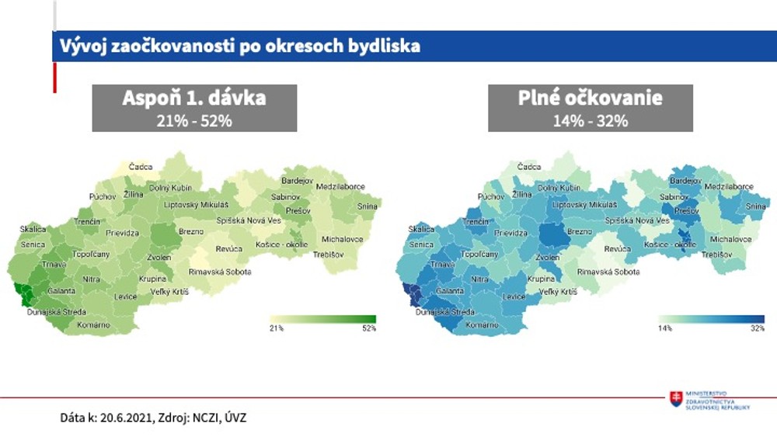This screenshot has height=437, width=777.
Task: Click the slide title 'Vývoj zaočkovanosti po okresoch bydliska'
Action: point(240,46)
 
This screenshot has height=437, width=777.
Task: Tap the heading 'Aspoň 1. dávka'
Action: point(194,98)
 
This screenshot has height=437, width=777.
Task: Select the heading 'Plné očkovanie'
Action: point(591,98)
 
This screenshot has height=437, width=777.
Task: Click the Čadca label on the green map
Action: point(141,166)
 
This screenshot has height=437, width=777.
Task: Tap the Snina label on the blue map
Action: point(755,206)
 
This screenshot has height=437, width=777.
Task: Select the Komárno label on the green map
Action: point(94,324)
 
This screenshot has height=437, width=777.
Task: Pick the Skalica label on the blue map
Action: point(421,230)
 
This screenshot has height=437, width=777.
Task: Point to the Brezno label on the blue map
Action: point(580,231)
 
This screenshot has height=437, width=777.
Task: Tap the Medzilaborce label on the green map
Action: point(340,187)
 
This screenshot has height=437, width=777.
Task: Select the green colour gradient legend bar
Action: point(322,318)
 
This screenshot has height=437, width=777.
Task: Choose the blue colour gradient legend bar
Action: point(711,318)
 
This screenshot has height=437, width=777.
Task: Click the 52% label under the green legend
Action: point(368,328)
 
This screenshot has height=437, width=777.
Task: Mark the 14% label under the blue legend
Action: point(665,328)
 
